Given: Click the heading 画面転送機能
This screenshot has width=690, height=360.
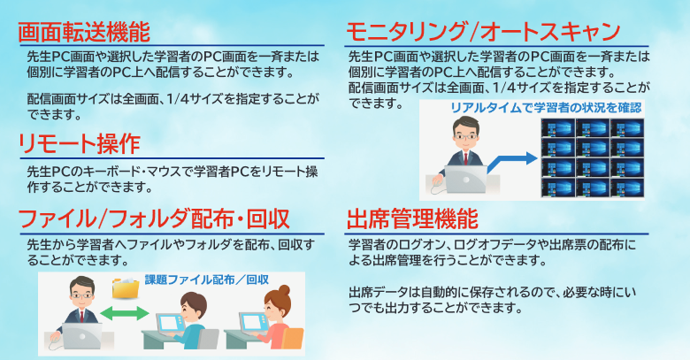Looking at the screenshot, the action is [x=84, y=32].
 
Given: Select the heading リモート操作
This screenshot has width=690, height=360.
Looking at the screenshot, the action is [x=80, y=144].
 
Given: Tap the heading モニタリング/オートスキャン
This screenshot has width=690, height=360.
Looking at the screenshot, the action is [x=483, y=31].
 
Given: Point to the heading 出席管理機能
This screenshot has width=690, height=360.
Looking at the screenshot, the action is [x=412, y=219].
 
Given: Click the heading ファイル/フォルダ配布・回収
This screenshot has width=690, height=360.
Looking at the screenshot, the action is [x=154, y=219].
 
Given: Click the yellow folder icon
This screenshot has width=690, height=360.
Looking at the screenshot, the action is [x=126, y=287].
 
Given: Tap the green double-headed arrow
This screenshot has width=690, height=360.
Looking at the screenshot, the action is [x=125, y=313].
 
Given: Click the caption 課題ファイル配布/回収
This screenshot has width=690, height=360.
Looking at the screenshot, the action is [x=207, y=280].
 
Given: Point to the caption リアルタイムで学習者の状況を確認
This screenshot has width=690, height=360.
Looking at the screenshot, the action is [x=546, y=108].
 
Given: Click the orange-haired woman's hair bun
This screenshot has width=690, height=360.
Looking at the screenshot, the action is [x=284, y=290].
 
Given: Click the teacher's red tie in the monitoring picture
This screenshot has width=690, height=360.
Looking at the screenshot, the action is [x=465, y=158].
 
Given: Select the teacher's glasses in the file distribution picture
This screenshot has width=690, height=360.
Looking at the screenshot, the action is [x=82, y=295].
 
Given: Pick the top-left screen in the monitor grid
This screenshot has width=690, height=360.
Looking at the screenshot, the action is [x=558, y=128].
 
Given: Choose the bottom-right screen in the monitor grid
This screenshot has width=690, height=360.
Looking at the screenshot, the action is [x=627, y=188].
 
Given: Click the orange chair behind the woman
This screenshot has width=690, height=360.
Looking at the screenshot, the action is [x=292, y=339].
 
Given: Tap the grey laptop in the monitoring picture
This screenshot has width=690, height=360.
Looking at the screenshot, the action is [x=466, y=179].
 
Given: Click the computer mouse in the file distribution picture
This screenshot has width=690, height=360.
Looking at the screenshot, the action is [x=55, y=339].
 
